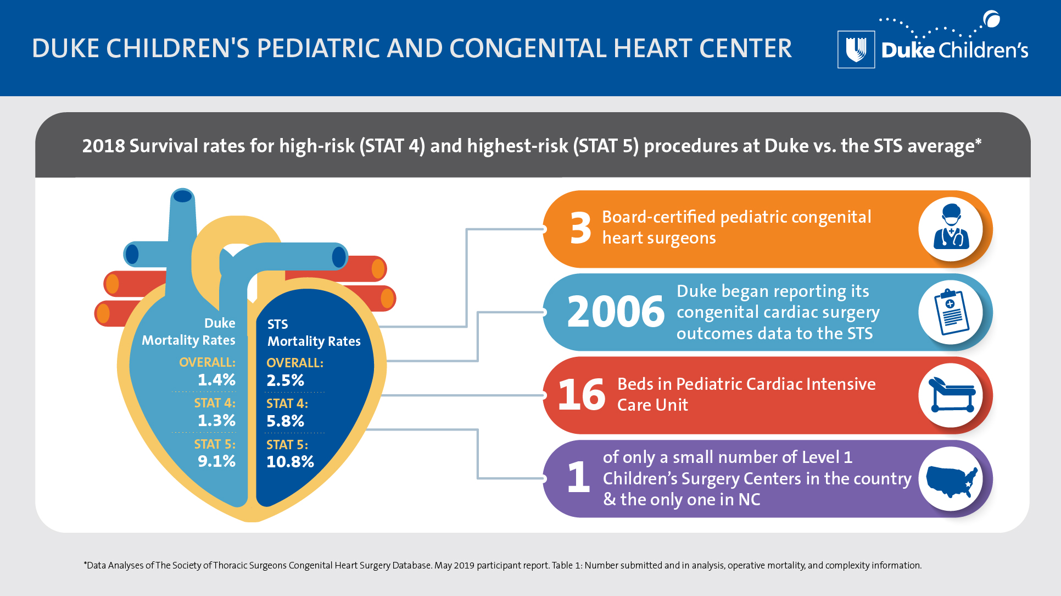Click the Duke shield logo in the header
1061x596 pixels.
856,49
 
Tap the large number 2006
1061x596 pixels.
616,312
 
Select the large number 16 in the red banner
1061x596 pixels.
581,395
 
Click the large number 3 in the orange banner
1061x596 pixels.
580,229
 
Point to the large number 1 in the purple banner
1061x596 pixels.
578,477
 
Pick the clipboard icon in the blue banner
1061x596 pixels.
951,312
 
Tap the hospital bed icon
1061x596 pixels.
951,395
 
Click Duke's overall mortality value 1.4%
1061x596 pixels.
216,379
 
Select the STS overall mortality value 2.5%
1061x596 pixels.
285,380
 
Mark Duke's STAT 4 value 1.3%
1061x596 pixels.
216,420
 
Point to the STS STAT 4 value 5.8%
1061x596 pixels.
285,421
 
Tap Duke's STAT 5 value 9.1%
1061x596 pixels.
216,461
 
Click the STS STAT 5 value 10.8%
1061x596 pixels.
290,461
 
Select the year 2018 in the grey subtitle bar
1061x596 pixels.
103,146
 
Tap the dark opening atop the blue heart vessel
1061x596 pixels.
182,196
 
